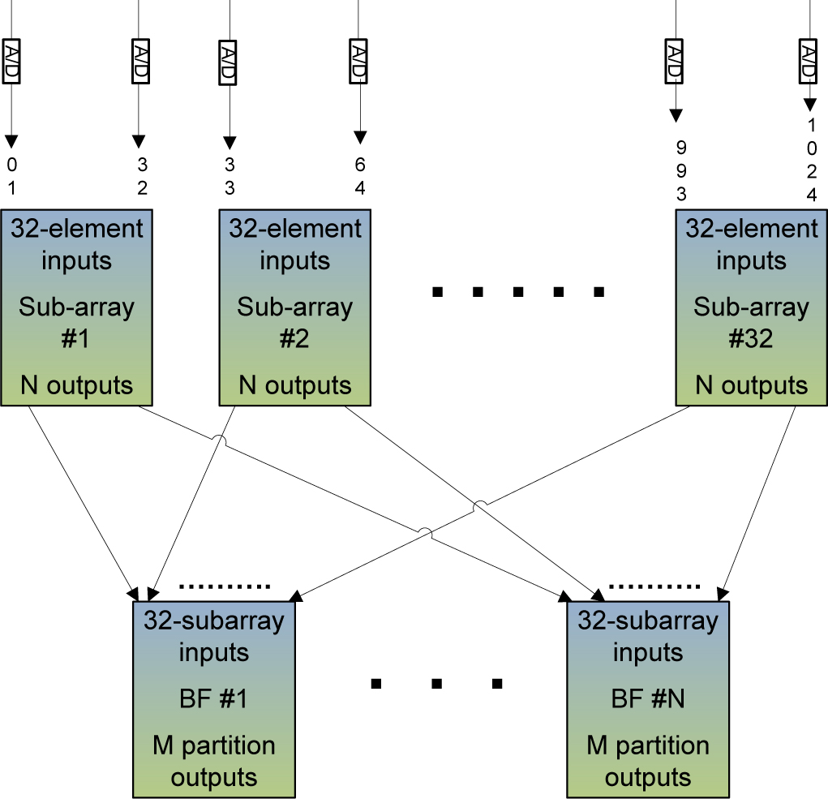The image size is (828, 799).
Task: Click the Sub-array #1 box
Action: click(x=76, y=307)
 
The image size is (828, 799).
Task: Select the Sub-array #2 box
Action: click(x=295, y=307)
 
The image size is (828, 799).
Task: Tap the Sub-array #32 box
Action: click(x=752, y=307)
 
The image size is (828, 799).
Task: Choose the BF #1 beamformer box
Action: click(x=214, y=698)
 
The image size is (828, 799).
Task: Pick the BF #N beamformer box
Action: click(x=647, y=698)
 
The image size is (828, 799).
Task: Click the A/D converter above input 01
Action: click(x=11, y=61)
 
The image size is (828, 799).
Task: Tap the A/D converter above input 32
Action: click(x=139, y=61)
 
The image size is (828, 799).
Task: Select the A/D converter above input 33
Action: click(x=229, y=61)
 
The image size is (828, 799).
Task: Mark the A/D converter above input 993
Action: click(x=673, y=61)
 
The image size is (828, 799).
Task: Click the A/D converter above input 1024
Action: click(x=808, y=61)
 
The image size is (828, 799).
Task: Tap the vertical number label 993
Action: click(x=681, y=171)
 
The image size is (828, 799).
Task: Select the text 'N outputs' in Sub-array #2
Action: click(x=295, y=384)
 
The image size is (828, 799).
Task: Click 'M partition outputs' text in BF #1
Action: click(x=214, y=761)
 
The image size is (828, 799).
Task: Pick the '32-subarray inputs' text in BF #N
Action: click(x=647, y=637)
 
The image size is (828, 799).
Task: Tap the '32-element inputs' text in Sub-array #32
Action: click(x=752, y=244)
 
